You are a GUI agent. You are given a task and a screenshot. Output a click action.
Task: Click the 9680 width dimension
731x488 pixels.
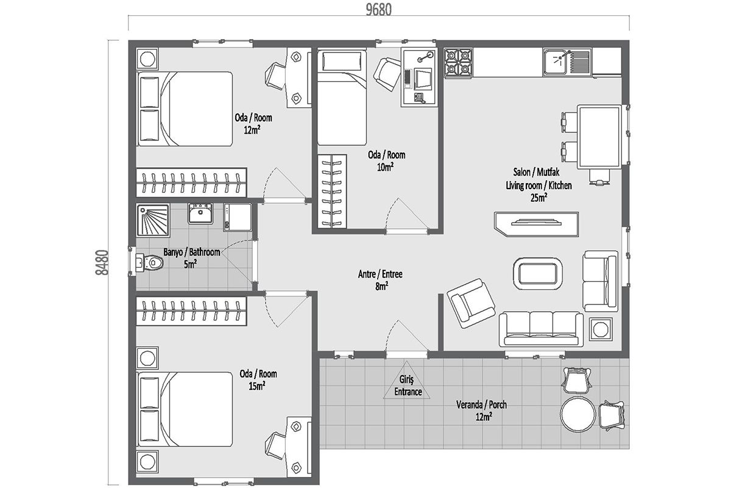(378, 10)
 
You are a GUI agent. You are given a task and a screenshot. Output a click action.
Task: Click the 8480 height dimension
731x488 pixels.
(102, 262)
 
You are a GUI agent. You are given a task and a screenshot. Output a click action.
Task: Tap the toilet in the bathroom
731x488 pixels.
(149, 262)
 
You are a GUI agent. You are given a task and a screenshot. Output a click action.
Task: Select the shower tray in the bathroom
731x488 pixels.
(153, 220)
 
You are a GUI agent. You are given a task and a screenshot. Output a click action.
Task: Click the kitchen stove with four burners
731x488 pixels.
(458, 63)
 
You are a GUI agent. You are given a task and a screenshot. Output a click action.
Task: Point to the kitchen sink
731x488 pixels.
(567, 62)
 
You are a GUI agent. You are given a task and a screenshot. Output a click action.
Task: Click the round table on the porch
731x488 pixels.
(578, 414)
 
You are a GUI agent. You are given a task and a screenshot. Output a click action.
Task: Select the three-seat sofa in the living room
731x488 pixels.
(541, 329)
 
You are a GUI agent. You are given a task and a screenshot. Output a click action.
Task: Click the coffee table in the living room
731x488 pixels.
(538, 273)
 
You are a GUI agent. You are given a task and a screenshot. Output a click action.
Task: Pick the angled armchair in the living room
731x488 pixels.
(471, 303)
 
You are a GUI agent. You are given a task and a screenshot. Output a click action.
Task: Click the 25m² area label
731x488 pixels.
(539, 198)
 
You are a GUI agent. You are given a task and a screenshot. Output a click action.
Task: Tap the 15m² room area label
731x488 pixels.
(257, 386)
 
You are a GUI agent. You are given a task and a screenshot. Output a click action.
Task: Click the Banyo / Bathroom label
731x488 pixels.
(191, 252)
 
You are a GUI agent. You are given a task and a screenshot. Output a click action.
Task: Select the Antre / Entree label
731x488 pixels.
(380, 274)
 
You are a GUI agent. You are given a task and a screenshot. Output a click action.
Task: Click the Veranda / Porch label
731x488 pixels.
(481, 404)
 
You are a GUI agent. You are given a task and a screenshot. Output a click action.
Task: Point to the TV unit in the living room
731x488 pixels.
(537, 224)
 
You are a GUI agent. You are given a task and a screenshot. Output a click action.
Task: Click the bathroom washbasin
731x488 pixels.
(200, 213)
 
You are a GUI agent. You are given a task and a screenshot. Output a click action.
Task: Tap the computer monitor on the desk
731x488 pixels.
(423, 79)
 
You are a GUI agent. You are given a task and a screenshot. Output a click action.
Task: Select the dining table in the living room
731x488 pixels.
(599, 137)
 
